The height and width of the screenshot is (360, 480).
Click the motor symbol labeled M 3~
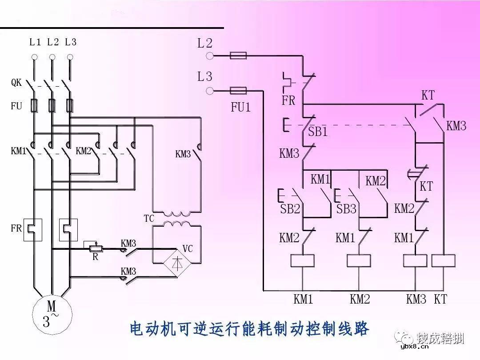click(x=52, y=314)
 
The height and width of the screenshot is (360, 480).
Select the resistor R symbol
click(x=94, y=248)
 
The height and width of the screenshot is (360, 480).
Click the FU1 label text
click(x=240, y=107)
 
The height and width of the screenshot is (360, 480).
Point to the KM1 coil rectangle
click(x=303, y=261)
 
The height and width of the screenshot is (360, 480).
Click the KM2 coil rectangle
click(x=359, y=261)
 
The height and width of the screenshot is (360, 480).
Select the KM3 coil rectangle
click(x=415, y=261)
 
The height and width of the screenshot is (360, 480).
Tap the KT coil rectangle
click(x=443, y=261)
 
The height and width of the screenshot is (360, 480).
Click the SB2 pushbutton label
click(x=290, y=209)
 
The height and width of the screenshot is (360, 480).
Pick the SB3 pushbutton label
click(x=346, y=209)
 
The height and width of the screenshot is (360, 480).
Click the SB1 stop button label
click(x=318, y=132)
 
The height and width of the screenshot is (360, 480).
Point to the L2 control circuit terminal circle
click(x=210, y=56)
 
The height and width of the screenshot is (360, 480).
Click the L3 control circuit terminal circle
click(x=210, y=91)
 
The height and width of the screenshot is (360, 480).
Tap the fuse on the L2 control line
click(x=238, y=56)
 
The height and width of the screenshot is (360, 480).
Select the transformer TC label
click(x=149, y=219)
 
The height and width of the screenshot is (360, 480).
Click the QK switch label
click(x=16, y=83)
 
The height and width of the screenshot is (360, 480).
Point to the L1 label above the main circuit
click(x=35, y=42)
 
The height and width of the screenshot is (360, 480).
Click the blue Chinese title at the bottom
click(x=249, y=329)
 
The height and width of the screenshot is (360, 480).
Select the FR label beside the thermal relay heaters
click(x=16, y=229)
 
